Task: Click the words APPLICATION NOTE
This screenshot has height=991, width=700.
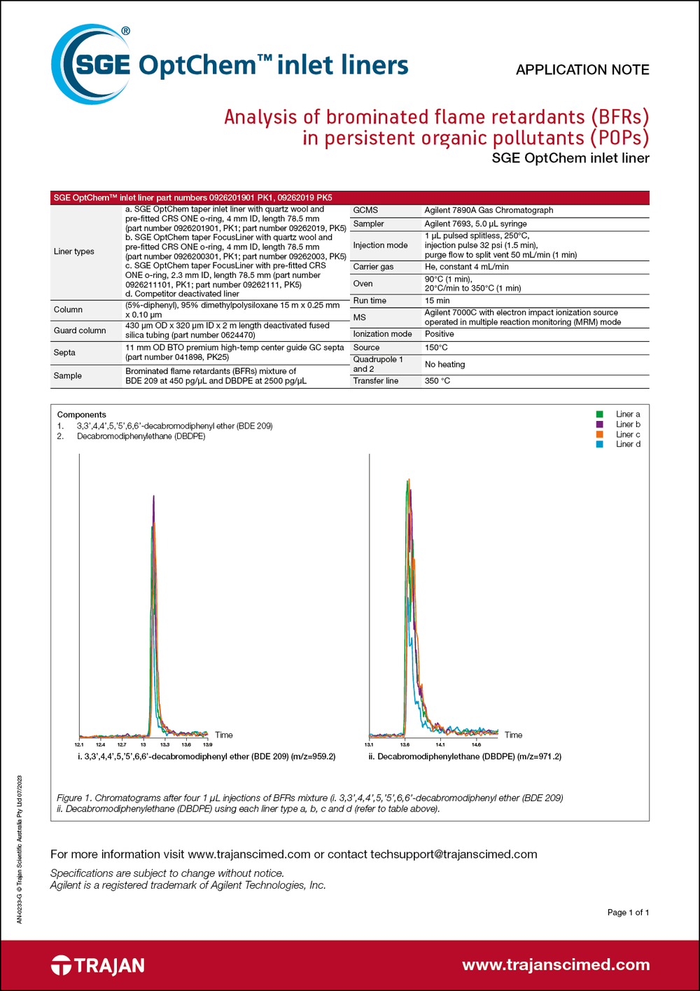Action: pos(582,70)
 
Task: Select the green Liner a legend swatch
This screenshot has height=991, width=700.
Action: pos(600,415)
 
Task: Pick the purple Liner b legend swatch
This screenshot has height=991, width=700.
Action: pos(600,424)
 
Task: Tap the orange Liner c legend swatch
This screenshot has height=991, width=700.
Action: pos(600,434)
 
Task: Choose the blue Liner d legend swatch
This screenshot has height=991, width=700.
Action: pos(600,444)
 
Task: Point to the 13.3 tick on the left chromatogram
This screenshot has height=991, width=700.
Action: pos(165,744)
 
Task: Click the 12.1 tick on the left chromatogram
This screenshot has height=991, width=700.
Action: pos(79,744)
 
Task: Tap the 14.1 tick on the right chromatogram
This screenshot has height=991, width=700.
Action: pos(440,744)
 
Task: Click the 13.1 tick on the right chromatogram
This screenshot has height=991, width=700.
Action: pos(369,744)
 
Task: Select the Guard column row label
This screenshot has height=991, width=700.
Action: pos(80,331)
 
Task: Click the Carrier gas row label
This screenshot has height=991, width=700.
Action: pos(373,267)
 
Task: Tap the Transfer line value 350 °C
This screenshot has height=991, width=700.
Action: pos(437,381)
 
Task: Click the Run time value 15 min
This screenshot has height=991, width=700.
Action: pos(437,300)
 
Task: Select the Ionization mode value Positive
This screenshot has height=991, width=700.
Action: pos(440,334)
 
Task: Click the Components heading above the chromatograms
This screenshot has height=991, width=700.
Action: pos(82,415)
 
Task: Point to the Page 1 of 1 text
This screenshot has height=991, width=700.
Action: pos(628,912)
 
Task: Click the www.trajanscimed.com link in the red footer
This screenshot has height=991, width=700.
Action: pos(556,965)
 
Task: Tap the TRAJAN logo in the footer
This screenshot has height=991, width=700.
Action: pos(98,966)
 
